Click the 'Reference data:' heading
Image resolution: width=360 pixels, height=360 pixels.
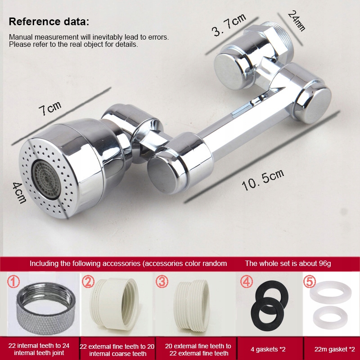pyautogui.click(x=49, y=22)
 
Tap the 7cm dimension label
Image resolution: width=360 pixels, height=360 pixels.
pyautogui.click(x=50, y=108)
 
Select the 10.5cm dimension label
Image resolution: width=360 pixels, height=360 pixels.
pyautogui.click(x=263, y=180)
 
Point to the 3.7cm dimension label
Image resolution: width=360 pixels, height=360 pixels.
pyautogui.click(x=229, y=25)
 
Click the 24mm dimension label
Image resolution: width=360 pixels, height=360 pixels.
pyautogui.click(x=297, y=21)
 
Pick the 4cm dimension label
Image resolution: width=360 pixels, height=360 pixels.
pyautogui.click(x=19, y=193)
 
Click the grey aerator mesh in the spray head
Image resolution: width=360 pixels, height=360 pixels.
pyautogui.click(x=46, y=179)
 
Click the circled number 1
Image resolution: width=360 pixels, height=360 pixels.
pyautogui.click(x=13, y=282)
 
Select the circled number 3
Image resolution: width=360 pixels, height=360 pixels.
pyautogui.click(x=162, y=282)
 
